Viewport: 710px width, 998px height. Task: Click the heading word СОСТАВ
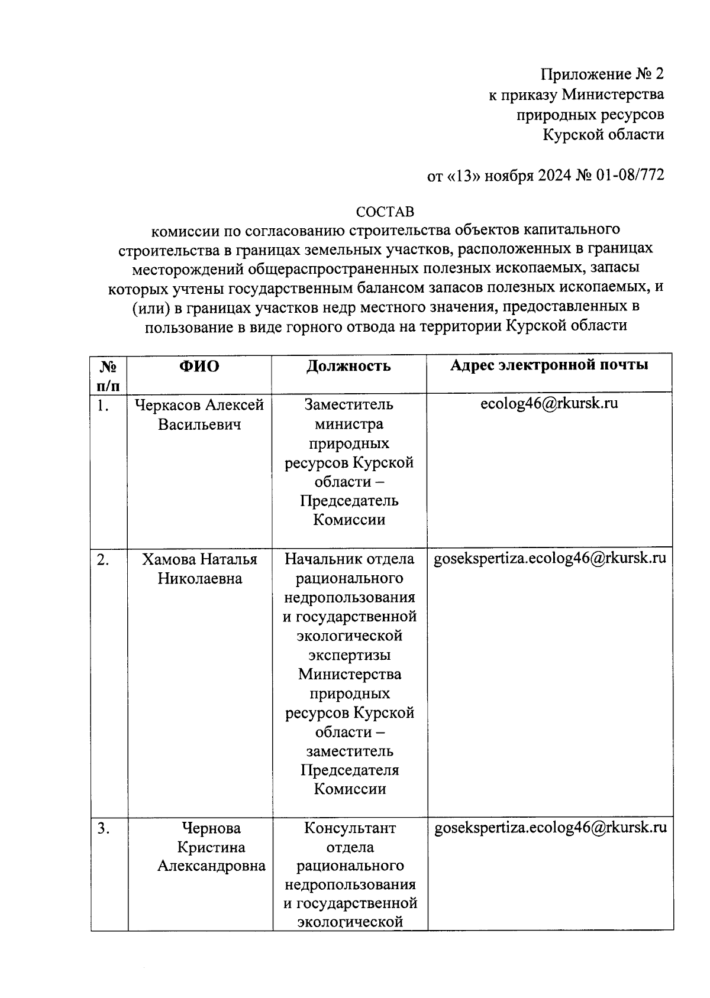[385, 212]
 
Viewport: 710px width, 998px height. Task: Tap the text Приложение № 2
[602, 74]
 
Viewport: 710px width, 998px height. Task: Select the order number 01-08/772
[630, 176]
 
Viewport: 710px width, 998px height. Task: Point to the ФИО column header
[199, 367]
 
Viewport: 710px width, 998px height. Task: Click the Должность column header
[348, 367]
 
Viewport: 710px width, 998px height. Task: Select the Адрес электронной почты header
[549, 365]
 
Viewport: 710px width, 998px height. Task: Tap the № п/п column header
[108, 376]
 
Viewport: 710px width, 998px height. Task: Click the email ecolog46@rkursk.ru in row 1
[549, 404]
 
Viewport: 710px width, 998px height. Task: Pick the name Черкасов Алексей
[199, 406]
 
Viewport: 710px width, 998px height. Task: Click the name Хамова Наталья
[199, 559]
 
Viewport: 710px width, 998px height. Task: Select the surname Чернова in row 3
[211, 828]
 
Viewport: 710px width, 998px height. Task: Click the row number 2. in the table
[103, 560]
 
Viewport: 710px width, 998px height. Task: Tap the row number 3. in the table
[104, 829]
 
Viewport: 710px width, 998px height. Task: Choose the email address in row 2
[550, 558]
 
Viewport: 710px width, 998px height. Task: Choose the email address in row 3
[550, 827]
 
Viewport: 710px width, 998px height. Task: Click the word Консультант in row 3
[350, 828]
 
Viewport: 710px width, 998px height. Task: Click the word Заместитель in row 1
[348, 405]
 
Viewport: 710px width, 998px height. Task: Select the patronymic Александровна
[211, 866]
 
